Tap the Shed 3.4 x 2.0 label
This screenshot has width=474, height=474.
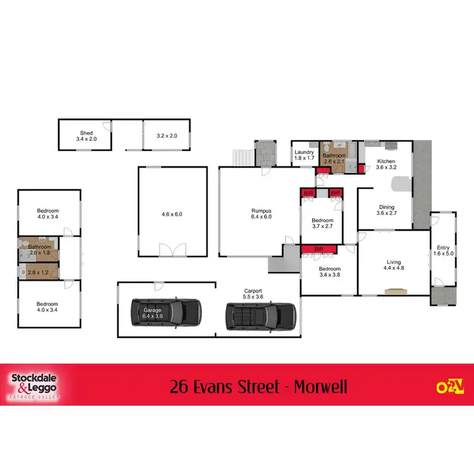coord(85,136)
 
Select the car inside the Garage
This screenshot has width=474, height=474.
coord(165,312)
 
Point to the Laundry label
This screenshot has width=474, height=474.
coord(304,155)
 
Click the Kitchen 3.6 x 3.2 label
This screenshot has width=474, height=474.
coord(386,164)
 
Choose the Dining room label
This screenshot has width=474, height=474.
coord(386,210)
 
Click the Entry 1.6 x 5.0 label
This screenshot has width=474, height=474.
coord(443,251)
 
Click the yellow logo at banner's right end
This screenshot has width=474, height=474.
coord(446,385)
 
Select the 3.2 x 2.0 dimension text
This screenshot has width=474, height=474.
coord(167,136)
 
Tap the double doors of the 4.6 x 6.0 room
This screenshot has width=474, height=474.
coord(172,251)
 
